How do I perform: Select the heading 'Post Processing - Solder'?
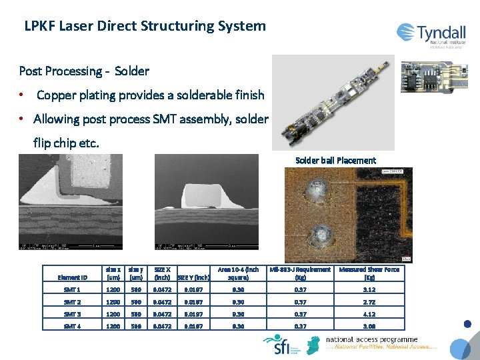point(84,71)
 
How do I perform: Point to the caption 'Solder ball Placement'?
point(335,161)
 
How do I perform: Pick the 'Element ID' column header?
point(73,277)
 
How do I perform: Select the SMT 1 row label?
point(72,290)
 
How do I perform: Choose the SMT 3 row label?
point(72,313)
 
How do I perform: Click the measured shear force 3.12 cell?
point(369,290)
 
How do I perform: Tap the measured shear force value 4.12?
point(369,313)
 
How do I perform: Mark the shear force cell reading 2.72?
point(369,302)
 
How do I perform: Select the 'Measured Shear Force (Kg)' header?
point(369,273)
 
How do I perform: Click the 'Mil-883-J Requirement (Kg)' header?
point(300,273)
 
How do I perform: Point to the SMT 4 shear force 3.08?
point(369,325)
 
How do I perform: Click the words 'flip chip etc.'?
point(66,143)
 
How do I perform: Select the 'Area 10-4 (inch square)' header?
point(238,273)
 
